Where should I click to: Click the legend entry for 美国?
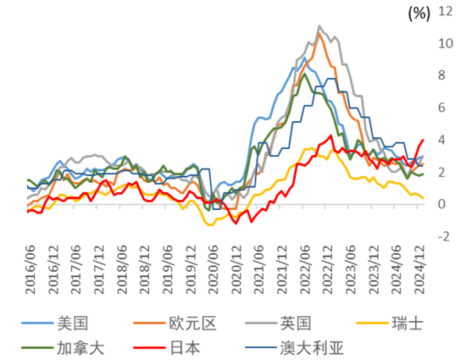pyautogui.click(x=55, y=324)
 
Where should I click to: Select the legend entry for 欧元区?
pyautogui.click(x=175, y=324)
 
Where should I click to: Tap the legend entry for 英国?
pyautogui.click(x=278, y=324)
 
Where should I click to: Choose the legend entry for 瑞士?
pyautogui.click(x=390, y=324)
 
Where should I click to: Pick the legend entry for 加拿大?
pyautogui.click(x=63, y=347)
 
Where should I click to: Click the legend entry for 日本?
pyautogui.click(x=167, y=347)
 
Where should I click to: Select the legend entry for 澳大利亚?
pyautogui.click(x=294, y=347)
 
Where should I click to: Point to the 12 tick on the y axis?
pyautogui.click(x=446, y=11)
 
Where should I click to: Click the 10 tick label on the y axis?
pyautogui.click(x=446, y=44)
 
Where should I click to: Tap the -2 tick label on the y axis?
pyautogui.click(x=444, y=236)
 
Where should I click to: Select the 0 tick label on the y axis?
pyautogui.click(x=441, y=204)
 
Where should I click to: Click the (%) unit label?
pyautogui.click(x=419, y=14)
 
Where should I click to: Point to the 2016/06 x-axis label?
pyautogui.click(x=31, y=269)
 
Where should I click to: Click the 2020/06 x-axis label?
pyautogui.click(x=214, y=269)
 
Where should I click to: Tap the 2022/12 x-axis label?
pyautogui.click(x=328, y=269)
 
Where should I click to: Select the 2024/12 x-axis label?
pyautogui.click(x=419, y=269)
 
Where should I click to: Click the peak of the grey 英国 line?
pyautogui.click(x=319, y=26)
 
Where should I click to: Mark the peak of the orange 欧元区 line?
pyautogui.click(x=319, y=34)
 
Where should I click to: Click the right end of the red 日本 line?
pyautogui.click(x=423, y=140)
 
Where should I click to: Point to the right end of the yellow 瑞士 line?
pyautogui.click(x=423, y=198)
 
